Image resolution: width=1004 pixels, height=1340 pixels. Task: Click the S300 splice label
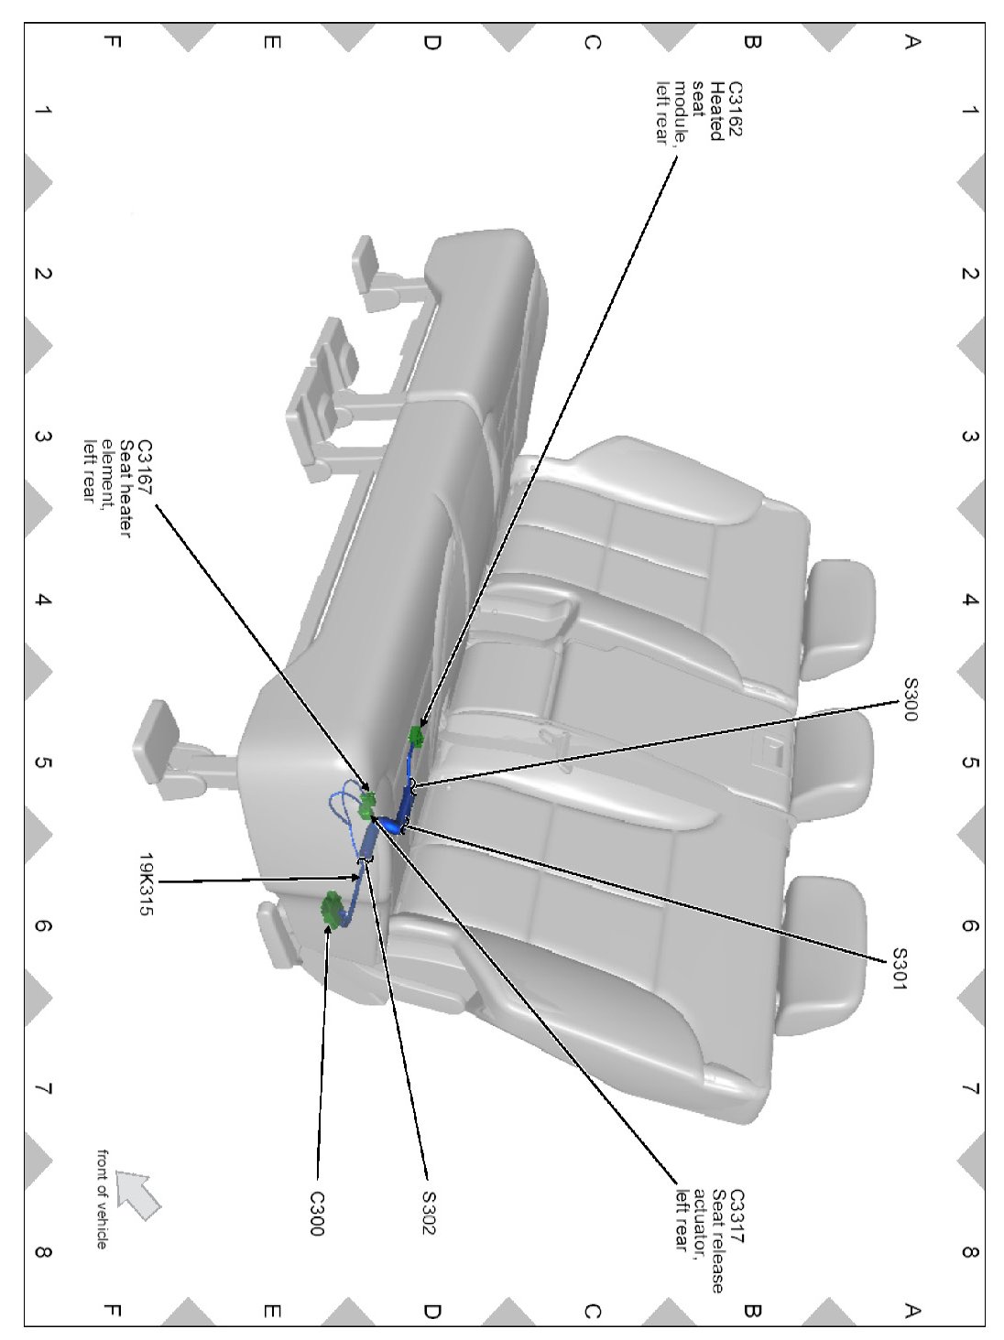coord(910,699)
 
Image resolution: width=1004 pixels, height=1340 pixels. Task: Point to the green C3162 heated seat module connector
coord(417,735)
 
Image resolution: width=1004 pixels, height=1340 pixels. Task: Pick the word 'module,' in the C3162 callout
coord(682,113)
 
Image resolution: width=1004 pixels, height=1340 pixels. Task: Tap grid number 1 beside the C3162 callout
coord(969,111)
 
